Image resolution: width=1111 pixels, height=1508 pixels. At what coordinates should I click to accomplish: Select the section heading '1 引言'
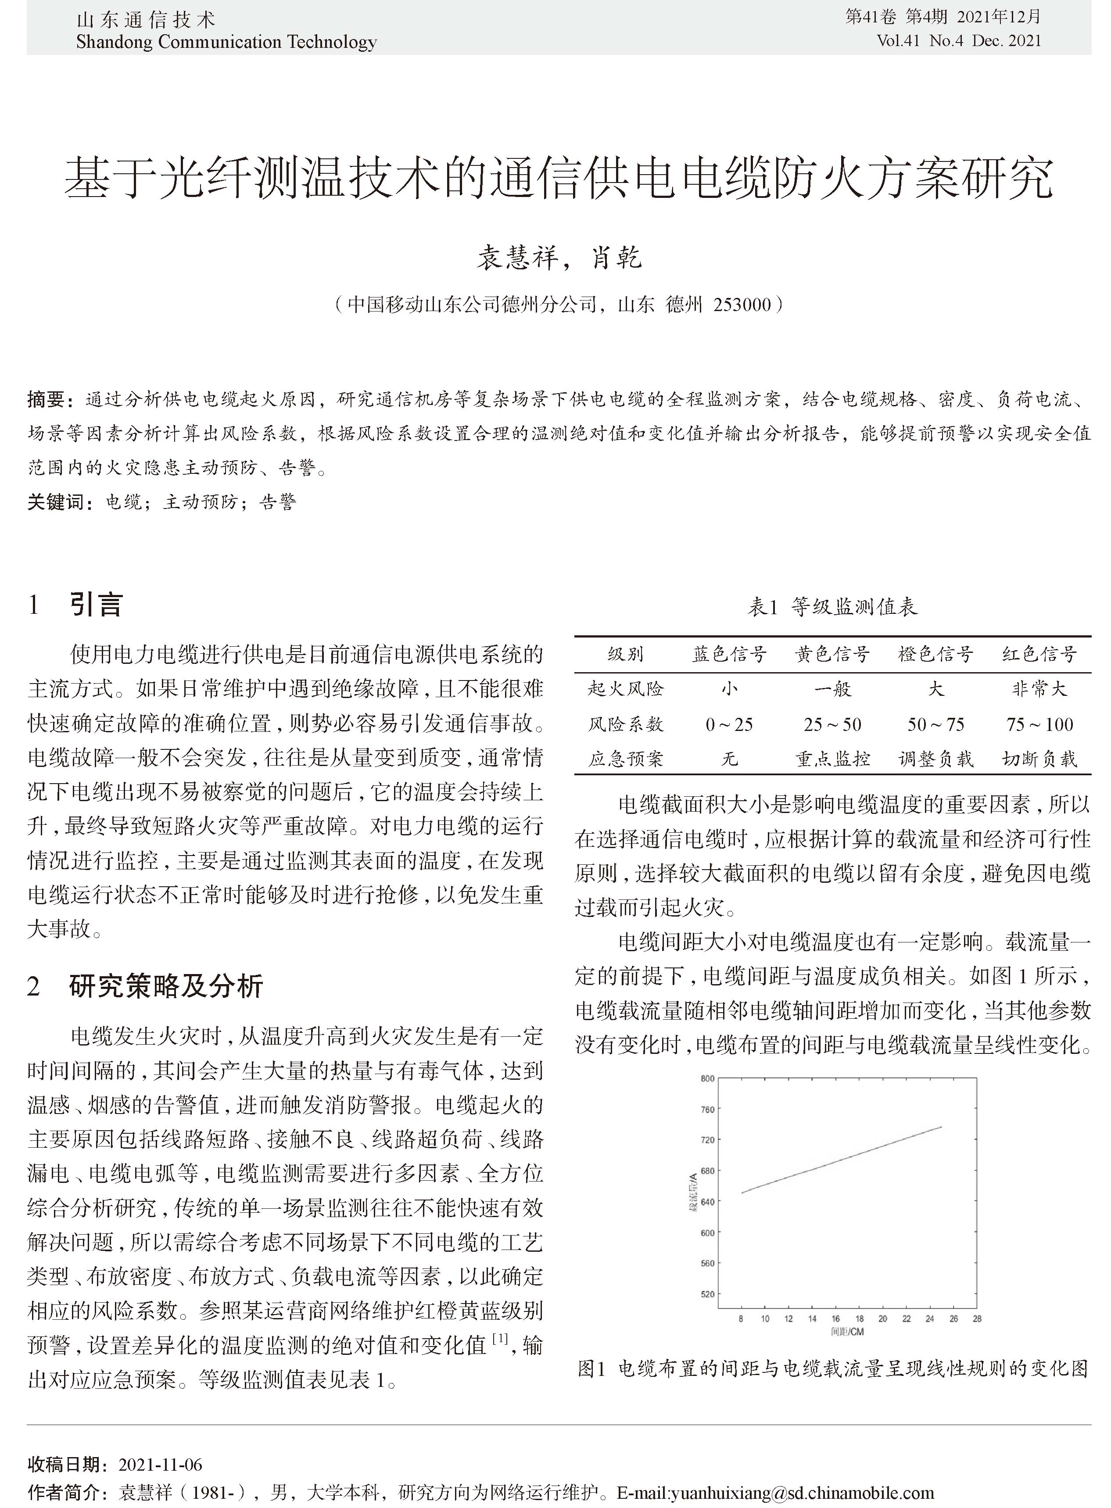click(x=75, y=605)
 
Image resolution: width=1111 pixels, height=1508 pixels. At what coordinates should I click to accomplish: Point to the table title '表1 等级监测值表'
click(x=832, y=607)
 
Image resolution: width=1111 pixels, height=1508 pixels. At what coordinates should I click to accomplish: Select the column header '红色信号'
click(x=1039, y=654)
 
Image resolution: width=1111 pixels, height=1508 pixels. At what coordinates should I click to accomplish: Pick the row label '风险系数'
click(x=625, y=724)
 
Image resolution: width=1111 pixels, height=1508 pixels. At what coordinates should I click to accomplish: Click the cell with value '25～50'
click(x=832, y=724)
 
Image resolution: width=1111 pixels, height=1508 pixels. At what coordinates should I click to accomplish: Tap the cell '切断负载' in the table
click(x=1039, y=759)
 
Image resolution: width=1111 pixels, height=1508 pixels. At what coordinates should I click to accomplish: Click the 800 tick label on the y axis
click(x=707, y=1079)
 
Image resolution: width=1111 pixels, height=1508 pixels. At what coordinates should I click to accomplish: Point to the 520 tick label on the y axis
click(x=707, y=1294)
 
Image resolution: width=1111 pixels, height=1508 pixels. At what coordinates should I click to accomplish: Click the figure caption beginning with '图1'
click(x=832, y=1369)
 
